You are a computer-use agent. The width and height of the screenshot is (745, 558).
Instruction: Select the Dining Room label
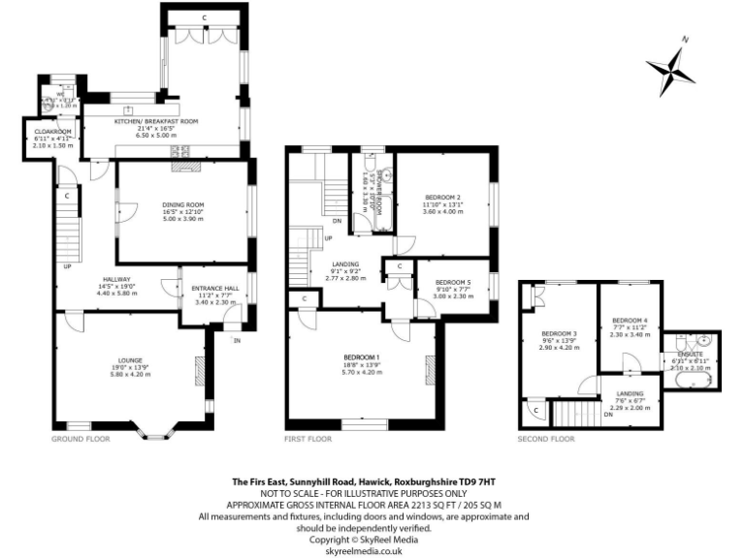[182, 204]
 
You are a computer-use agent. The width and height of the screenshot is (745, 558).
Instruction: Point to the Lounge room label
[129, 360]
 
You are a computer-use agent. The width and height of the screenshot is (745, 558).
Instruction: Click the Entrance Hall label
[211, 289]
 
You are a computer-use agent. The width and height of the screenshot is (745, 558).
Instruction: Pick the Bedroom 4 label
[630, 321]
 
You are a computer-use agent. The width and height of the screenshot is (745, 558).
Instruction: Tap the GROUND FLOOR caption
[80, 439]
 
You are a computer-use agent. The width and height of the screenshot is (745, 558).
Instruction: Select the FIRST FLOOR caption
[308, 439]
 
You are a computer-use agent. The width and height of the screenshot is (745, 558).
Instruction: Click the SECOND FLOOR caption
[546, 439]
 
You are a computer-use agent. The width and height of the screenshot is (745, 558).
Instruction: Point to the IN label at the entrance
[235, 340]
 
